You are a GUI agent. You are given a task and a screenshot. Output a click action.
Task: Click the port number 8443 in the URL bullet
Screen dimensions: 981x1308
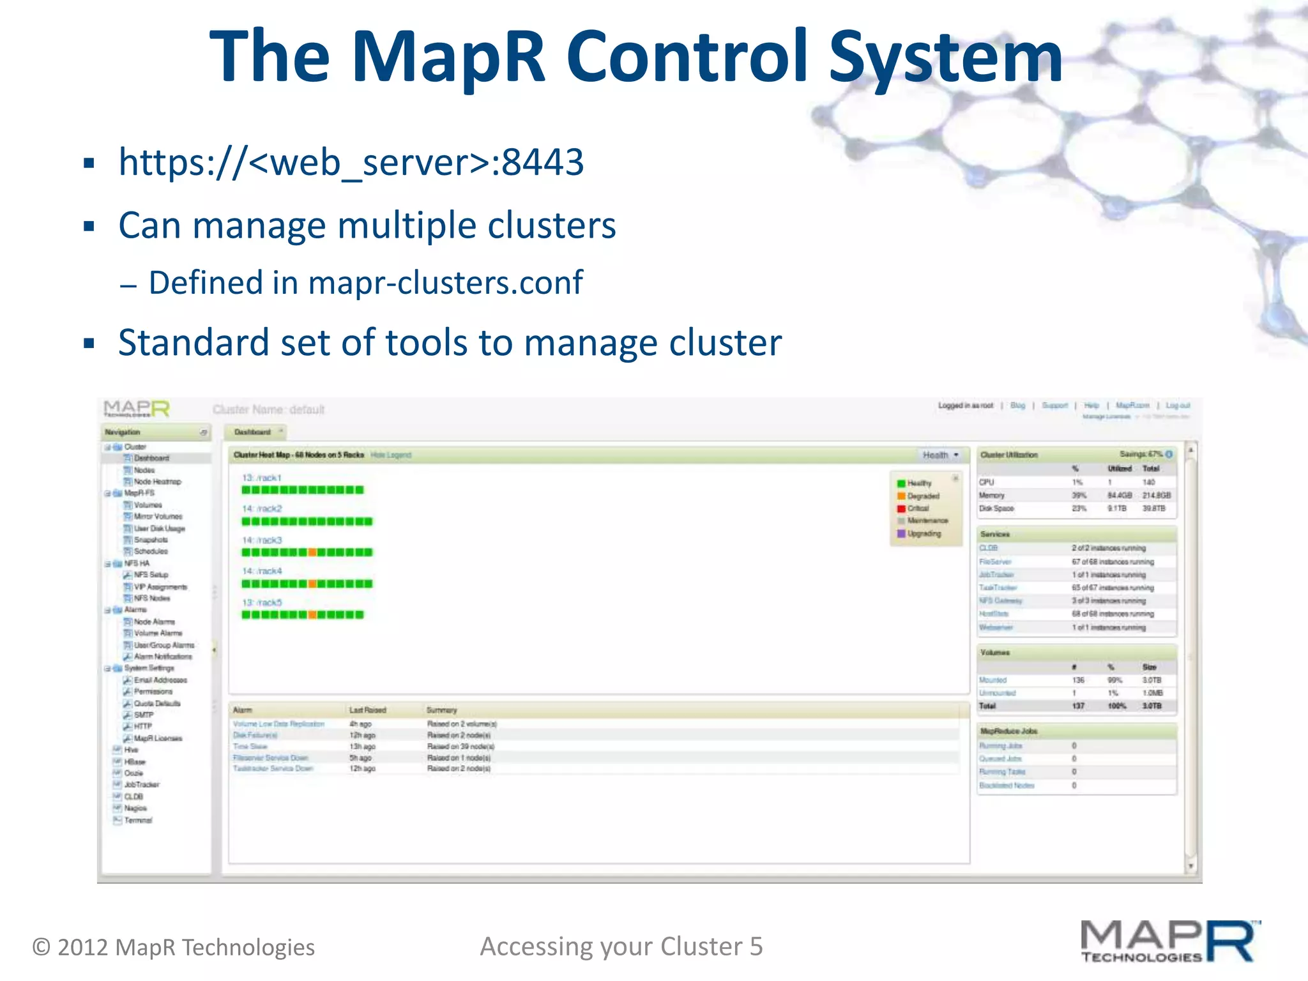(542, 162)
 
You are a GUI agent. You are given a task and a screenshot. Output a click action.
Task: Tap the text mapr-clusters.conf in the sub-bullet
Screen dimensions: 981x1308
(445, 283)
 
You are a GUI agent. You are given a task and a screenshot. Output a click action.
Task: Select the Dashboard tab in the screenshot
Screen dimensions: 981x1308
(253, 432)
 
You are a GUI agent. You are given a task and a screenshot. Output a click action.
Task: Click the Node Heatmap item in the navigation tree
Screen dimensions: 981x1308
(157, 482)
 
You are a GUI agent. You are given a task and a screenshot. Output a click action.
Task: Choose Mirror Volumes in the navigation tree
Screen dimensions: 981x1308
(158, 516)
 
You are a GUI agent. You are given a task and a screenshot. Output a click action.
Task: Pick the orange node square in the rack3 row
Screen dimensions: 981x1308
(312, 552)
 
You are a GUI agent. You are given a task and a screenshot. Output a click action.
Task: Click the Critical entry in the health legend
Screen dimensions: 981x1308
(918, 508)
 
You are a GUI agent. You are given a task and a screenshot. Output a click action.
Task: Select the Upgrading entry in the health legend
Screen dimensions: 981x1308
(924, 533)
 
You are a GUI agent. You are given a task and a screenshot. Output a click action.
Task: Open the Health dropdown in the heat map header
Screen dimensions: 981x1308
(940, 455)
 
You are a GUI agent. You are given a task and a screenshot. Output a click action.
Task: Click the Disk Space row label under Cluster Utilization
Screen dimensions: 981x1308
(996, 508)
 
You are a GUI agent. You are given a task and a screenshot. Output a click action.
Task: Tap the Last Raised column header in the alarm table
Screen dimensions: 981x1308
(367, 710)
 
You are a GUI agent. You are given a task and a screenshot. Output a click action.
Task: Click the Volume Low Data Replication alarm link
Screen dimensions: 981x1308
(278, 724)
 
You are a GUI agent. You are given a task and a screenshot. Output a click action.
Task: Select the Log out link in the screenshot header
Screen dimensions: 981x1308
(1177, 406)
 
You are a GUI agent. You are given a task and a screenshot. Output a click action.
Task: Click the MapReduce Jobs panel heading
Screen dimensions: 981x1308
(1008, 731)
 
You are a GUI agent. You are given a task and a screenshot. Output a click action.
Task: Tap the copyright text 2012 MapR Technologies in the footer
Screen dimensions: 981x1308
(185, 947)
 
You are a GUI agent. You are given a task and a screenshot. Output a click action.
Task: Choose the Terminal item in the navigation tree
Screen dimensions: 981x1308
(138, 820)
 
